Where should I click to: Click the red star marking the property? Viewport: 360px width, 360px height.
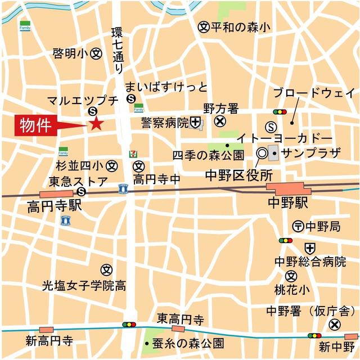click(x=96, y=124)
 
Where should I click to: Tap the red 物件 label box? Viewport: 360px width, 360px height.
click(x=34, y=125)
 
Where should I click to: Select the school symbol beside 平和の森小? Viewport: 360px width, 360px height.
click(x=204, y=26)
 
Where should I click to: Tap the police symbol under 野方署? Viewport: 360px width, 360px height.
click(x=220, y=121)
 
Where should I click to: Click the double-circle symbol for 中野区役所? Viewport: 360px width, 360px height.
click(x=262, y=152)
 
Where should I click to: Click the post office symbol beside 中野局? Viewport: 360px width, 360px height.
click(x=298, y=226)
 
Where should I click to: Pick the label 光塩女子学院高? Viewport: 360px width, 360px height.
click(x=84, y=286)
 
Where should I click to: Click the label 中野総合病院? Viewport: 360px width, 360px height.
click(x=310, y=262)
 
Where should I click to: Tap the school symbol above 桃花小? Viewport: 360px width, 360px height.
click(x=291, y=276)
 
